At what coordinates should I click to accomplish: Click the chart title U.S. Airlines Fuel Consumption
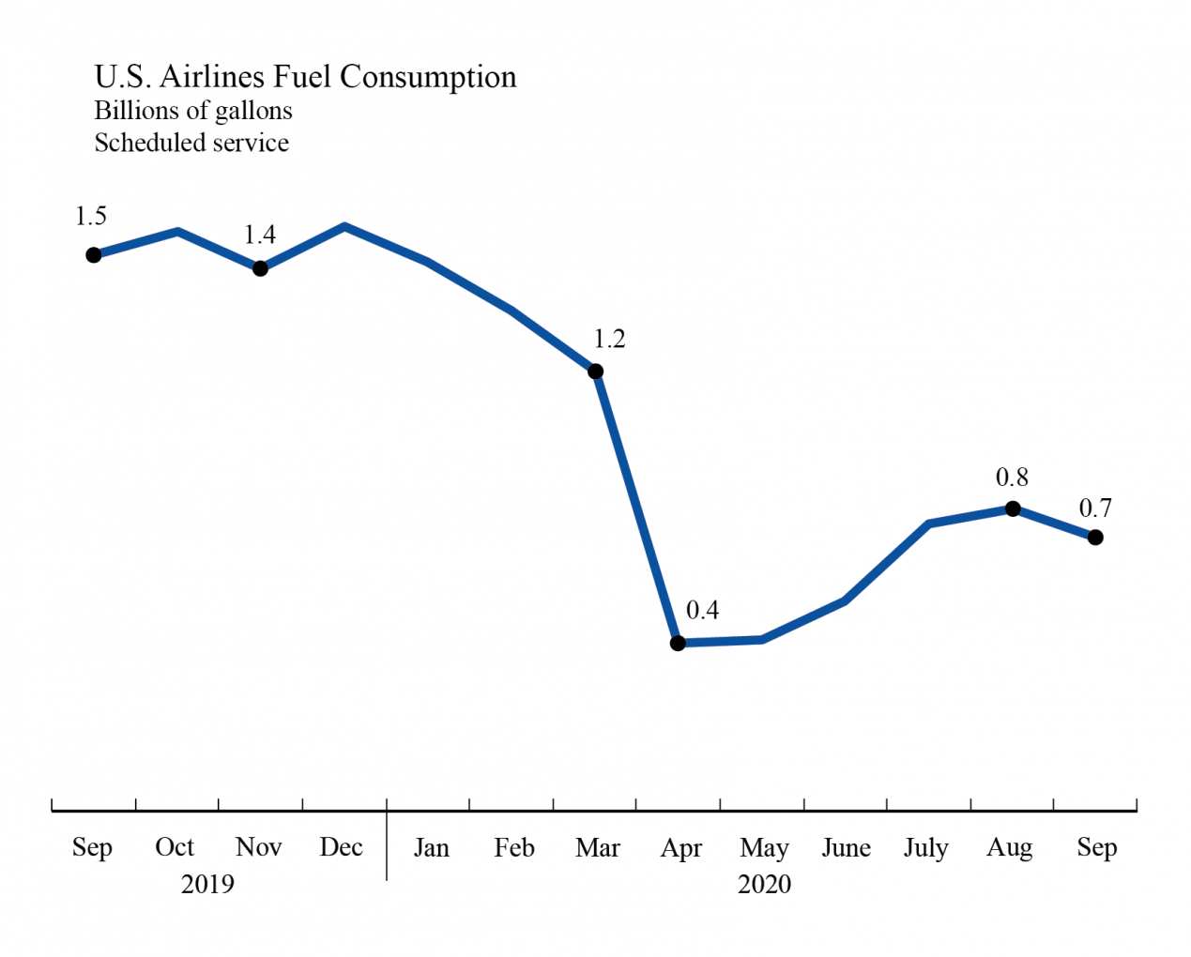coord(305,77)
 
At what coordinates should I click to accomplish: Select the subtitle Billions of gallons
coord(193,111)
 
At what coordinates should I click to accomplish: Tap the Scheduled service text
coord(191,143)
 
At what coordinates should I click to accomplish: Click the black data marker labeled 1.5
coord(94,255)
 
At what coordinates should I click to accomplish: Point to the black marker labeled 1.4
coord(261,268)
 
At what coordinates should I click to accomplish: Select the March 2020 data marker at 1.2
coord(595,372)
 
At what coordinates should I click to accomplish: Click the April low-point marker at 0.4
coord(678,644)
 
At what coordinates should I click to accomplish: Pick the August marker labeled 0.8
coord(1013,509)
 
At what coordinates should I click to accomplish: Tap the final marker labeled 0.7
coord(1095,538)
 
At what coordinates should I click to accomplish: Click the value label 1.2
coord(609,339)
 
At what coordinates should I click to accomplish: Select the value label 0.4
coord(702,611)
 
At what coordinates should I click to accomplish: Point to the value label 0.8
coord(1012,478)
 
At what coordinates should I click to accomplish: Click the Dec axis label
coord(341,847)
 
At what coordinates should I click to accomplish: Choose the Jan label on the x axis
coord(432,847)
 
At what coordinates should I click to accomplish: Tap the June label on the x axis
coord(846,847)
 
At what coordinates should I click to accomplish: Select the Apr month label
coord(681,848)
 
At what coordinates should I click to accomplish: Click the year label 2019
coord(207,884)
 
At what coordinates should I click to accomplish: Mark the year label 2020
coord(764,884)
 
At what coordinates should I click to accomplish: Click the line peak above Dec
coord(345,226)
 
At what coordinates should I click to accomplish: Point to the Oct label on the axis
coord(175,847)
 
